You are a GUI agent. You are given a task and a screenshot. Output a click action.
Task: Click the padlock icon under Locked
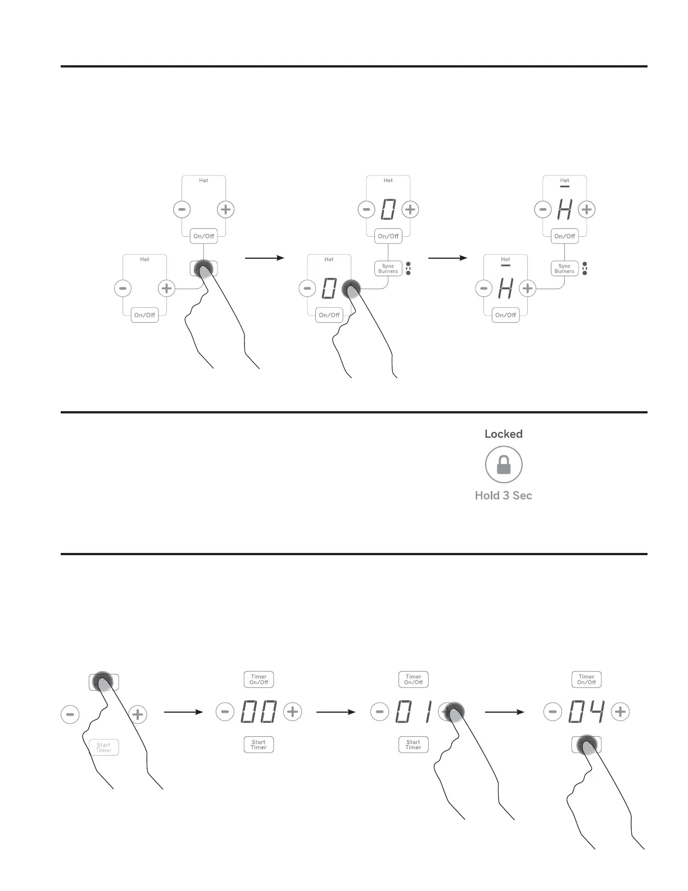coord(504,465)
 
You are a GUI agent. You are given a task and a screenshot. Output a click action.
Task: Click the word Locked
coord(504,434)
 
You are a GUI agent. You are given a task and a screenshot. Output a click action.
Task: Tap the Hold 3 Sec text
coord(504,496)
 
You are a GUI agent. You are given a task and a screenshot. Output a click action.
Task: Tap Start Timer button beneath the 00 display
coord(259,745)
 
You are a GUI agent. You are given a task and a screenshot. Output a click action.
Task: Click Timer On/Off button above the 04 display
coord(586,679)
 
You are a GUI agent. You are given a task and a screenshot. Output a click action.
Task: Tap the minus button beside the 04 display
coord(553,712)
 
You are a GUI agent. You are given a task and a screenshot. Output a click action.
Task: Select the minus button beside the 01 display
coord(379,712)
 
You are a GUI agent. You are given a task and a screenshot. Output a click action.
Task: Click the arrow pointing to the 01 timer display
coord(336,712)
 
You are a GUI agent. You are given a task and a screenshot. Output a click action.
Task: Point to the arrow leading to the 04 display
coord(504,712)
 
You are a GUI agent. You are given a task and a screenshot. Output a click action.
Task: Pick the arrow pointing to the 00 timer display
coord(183,712)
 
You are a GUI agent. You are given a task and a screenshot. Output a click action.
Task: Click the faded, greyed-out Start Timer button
coord(104,748)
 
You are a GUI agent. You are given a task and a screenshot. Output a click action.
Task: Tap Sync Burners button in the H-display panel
coord(564,268)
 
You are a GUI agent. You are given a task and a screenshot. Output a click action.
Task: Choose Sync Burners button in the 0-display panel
coord(388,268)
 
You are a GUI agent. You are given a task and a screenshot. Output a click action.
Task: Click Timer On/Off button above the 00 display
coord(259,679)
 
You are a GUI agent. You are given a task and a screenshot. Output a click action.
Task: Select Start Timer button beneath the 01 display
coord(413,745)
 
